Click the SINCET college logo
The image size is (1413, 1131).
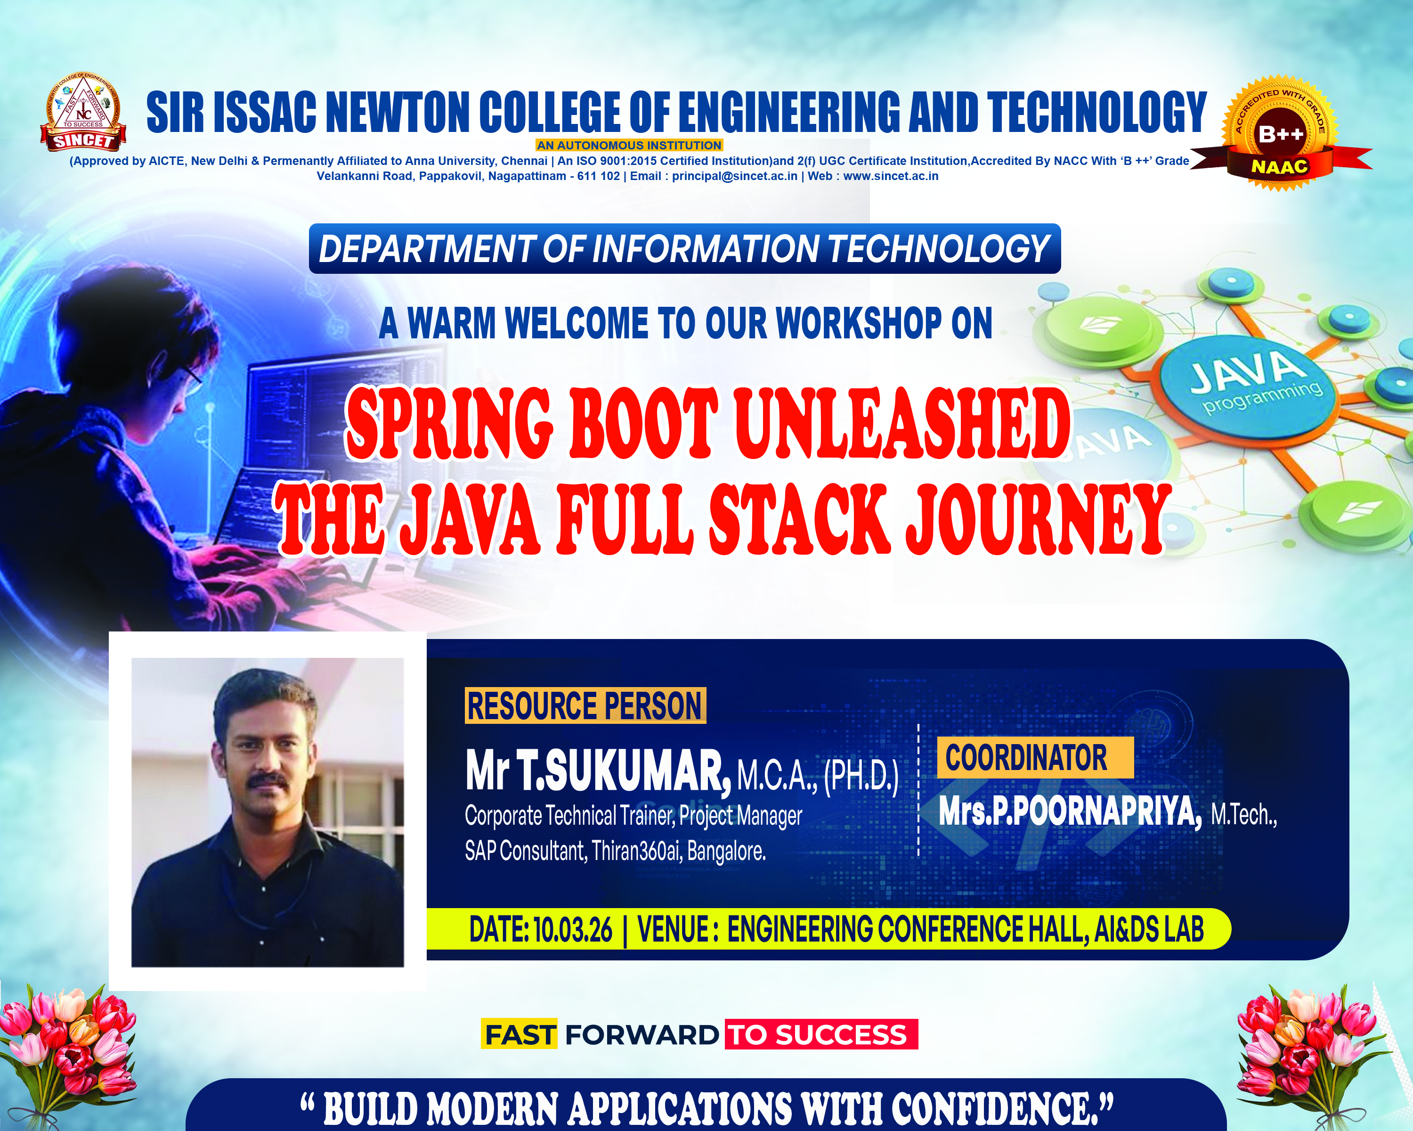tap(83, 112)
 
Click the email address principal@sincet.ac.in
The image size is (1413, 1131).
tap(735, 176)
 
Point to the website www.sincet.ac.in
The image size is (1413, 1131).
tap(891, 176)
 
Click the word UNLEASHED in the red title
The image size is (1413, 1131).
tap(902, 424)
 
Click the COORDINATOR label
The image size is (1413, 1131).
tap(1035, 758)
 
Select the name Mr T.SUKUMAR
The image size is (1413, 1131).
tap(598, 772)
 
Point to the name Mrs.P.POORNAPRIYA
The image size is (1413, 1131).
tap(1070, 811)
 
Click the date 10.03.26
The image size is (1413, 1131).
tap(573, 930)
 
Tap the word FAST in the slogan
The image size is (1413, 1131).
tap(519, 1034)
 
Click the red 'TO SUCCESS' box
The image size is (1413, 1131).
tap(821, 1034)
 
